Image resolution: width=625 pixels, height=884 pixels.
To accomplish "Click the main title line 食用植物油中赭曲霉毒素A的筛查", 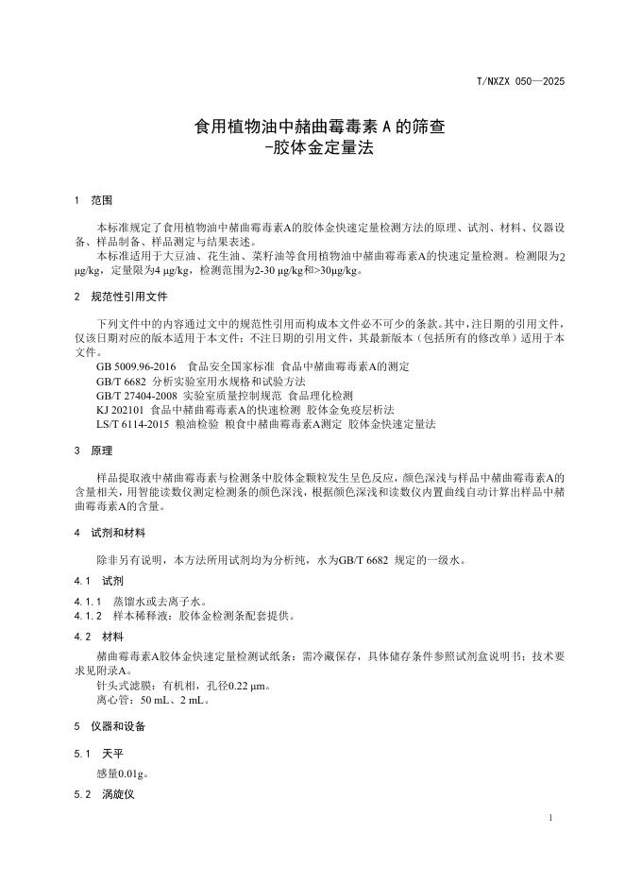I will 312,126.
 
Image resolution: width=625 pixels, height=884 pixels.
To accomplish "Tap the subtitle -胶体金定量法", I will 312,147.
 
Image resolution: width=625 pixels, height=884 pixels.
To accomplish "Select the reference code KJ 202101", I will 120,410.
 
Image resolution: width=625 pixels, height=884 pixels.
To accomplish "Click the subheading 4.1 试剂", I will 99,581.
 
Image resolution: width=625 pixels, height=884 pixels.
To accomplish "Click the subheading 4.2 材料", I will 99,636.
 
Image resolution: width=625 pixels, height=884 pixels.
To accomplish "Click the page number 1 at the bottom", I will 549,816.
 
